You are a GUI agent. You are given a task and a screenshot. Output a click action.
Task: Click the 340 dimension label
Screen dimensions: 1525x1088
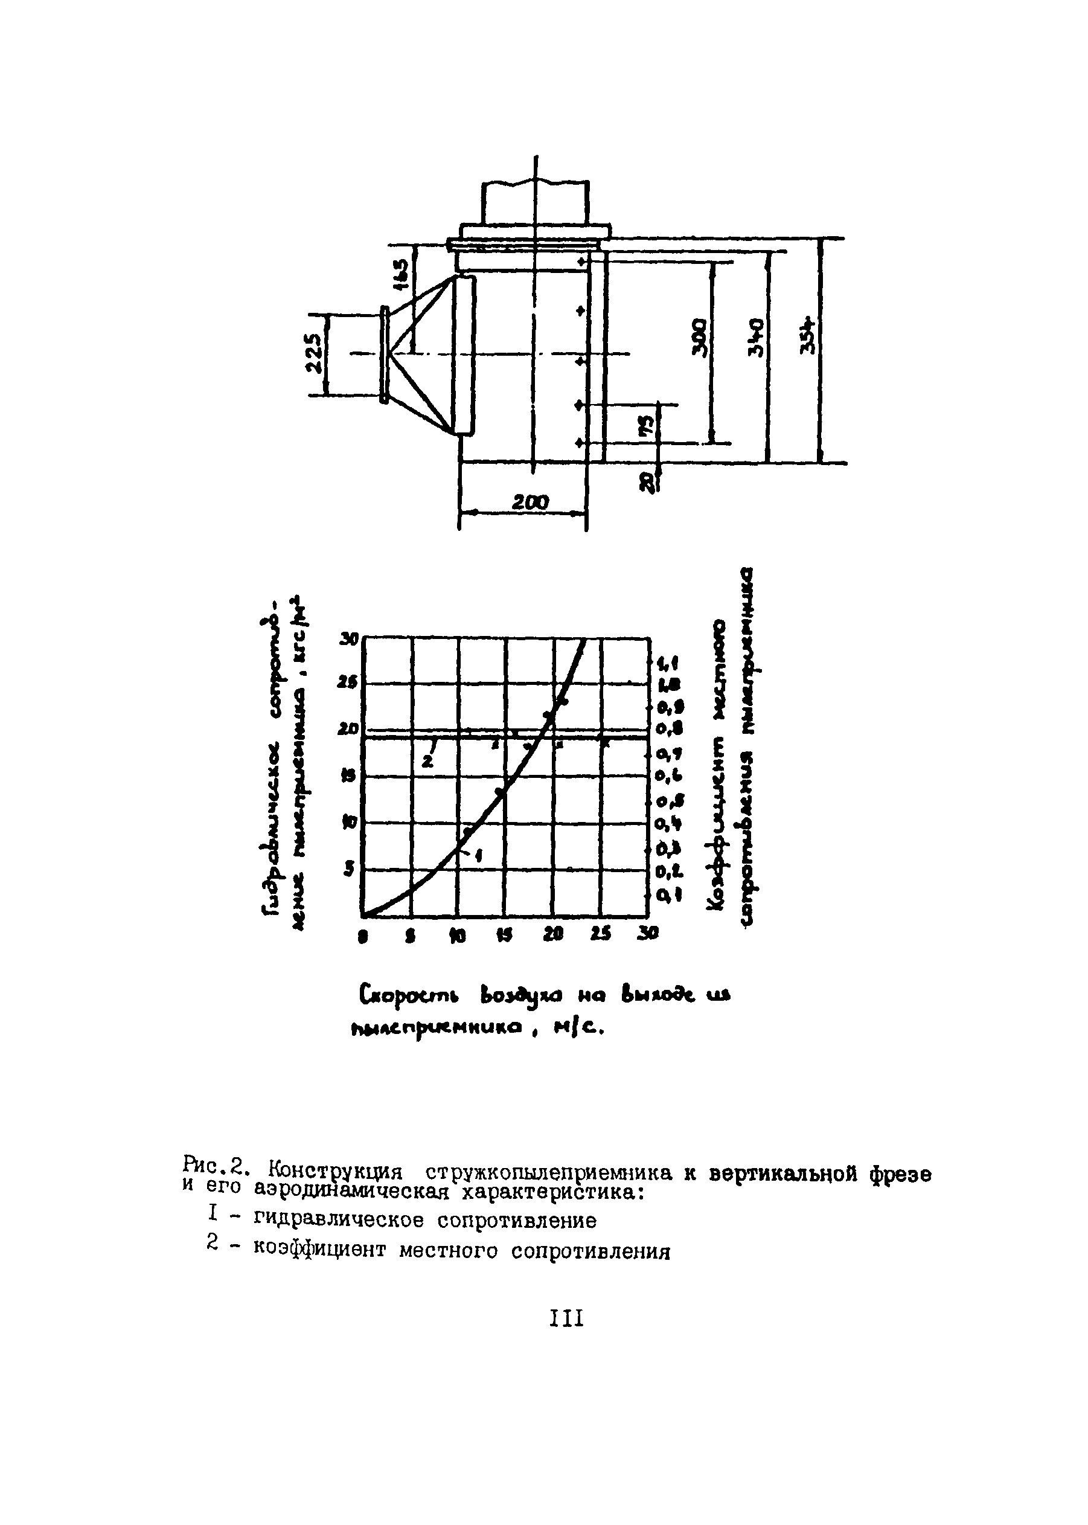[755, 338]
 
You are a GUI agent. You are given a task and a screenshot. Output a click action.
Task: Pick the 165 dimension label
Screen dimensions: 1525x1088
[401, 274]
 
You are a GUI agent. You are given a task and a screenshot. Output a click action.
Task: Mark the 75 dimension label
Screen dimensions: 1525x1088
[648, 424]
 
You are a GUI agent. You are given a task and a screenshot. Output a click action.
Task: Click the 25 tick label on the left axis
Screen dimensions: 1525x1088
[349, 682]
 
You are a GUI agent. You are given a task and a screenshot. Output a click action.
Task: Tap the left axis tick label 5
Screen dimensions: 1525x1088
[348, 870]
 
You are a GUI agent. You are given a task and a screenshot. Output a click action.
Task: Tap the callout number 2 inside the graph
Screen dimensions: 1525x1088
[428, 762]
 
